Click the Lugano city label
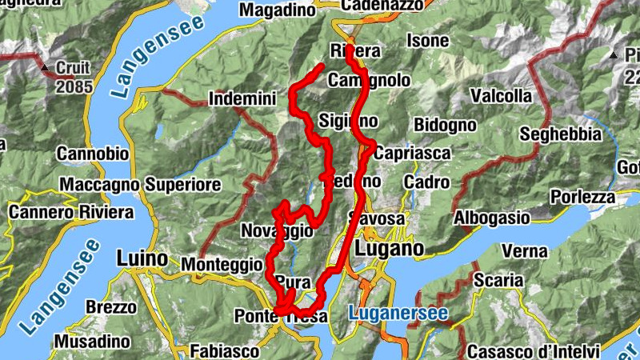coord(389,249)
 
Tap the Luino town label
coord(142,259)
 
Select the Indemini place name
coord(241,99)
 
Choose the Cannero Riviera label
coord(71,213)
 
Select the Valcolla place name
coord(501,96)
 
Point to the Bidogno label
coord(445,125)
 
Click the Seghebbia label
coord(560,134)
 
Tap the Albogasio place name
coord(492,218)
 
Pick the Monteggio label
coord(222,263)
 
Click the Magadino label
coord(278,10)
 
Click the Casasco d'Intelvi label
coord(533,350)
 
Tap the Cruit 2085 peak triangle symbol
coord(46,67)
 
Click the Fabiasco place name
coord(225,350)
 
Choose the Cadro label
coord(426,182)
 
